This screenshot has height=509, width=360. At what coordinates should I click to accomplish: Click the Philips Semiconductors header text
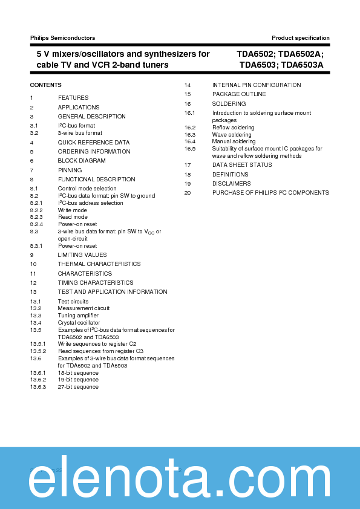[x=62, y=38]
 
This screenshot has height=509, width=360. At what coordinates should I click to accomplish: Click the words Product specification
[x=301, y=38]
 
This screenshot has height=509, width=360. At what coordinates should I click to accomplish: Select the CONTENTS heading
[x=45, y=85]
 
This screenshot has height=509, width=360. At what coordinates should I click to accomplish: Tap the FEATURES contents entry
[x=73, y=98]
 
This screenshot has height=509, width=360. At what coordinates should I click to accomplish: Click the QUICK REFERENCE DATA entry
[x=94, y=143]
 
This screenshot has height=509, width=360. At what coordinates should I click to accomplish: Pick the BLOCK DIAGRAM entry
[x=82, y=161]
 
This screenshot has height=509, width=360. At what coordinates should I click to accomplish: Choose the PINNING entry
[x=70, y=170]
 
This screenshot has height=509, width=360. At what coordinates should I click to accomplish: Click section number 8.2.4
[x=38, y=224]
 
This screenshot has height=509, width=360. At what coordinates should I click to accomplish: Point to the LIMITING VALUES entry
[x=82, y=255]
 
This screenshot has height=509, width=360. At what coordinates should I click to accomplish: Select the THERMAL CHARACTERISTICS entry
[x=99, y=264]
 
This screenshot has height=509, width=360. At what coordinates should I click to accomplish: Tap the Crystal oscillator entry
[x=78, y=323]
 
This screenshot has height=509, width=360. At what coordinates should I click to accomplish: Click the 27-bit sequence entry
[x=78, y=387]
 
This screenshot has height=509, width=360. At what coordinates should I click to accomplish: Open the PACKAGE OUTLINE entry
[x=239, y=94]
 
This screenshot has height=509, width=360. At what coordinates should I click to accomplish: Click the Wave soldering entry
[x=232, y=135]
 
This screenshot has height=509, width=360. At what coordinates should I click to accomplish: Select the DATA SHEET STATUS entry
[x=242, y=165]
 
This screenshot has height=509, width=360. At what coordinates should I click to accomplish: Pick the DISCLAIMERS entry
[x=231, y=184]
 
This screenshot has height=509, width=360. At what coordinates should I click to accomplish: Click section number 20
[x=188, y=193]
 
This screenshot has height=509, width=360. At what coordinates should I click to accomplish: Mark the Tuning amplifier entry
[x=78, y=316]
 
